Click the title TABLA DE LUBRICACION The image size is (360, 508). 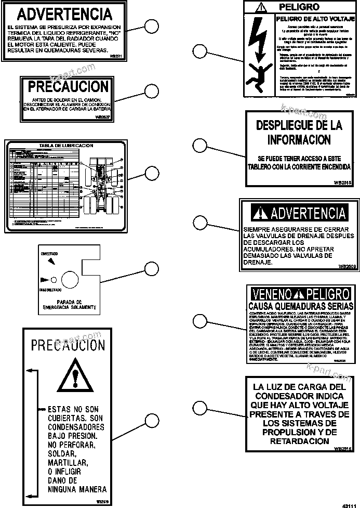[x=66, y=146]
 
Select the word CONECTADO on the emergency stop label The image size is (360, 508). [x=49, y=253]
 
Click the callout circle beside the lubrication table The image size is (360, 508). [x=151, y=174]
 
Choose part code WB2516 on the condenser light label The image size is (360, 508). [x=341, y=448]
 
